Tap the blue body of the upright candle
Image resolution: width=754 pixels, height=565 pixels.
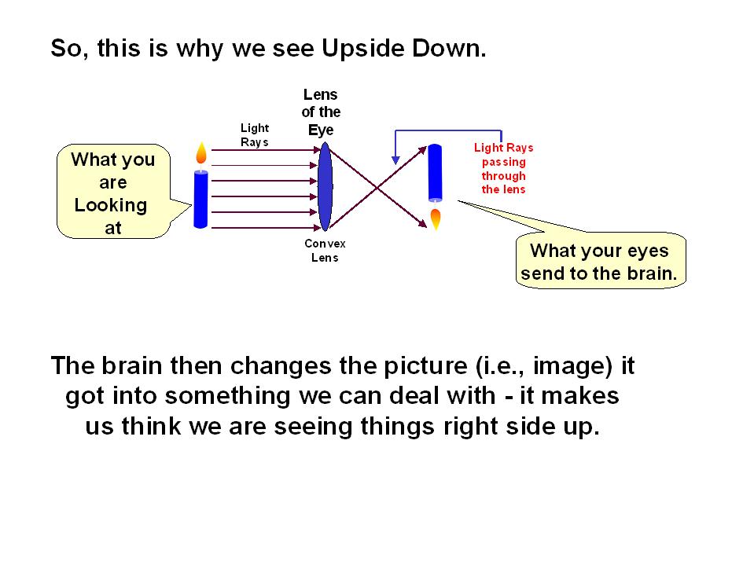coord(200,200)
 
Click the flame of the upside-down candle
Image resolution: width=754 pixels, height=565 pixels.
coord(436,219)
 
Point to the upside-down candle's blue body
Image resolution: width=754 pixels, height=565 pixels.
coord(436,172)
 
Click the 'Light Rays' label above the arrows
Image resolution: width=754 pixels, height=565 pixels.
coord(255,135)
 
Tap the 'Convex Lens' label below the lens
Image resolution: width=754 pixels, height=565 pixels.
coord(325,251)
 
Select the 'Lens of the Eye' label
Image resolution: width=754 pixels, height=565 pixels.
coord(321,112)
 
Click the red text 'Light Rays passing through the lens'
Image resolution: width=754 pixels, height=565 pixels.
coord(503,168)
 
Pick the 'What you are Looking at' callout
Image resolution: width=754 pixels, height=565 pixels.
coord(113,192)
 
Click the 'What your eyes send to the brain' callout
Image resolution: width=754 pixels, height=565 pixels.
coord(599,260)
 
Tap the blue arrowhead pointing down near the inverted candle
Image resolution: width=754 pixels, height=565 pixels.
coord(395,160)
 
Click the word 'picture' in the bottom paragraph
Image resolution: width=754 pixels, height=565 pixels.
coord(425,367)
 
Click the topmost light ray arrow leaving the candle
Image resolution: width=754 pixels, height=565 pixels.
coord(266,150)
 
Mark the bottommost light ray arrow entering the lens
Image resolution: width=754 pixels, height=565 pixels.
coord(266,227)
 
